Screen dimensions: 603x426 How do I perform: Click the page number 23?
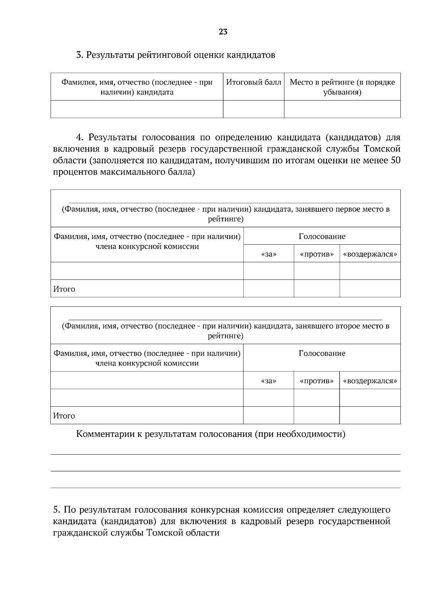click(x=223, y=32)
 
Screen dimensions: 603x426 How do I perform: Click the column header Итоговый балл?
click(x=253, y=82)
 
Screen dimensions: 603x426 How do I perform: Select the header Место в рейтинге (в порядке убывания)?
click(x=342, y=87)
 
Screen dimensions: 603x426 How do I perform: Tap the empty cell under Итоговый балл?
click(x=253, y=109)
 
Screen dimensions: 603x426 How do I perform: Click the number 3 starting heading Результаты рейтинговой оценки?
click(x=79, y=55)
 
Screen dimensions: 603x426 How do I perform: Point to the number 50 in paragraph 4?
click(x=395, y=161)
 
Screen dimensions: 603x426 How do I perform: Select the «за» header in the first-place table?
click(x=268, y=254)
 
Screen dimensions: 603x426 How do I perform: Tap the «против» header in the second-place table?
click(x=317, y=381)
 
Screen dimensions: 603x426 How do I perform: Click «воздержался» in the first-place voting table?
click(x=370, y=254)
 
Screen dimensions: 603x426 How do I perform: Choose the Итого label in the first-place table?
click(x=64, y=289)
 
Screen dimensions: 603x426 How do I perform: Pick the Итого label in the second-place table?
click(x=64, y=416)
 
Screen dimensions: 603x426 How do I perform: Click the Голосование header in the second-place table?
click(x=322, y=353)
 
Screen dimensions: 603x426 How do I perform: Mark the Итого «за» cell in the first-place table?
click(x=268, y=289)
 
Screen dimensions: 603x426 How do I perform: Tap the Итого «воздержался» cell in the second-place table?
click(x=370, y=415)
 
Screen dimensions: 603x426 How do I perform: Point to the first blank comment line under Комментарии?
click(x=225, y=454)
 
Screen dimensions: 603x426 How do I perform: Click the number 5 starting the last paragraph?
click(x=56, y=510)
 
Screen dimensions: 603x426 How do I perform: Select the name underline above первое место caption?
click(x=225, y=203)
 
